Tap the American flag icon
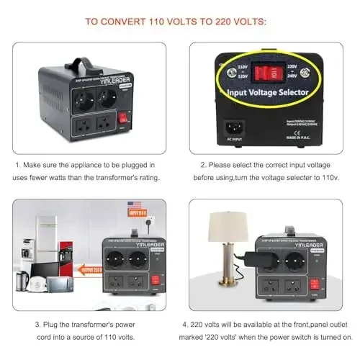point(132,204)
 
